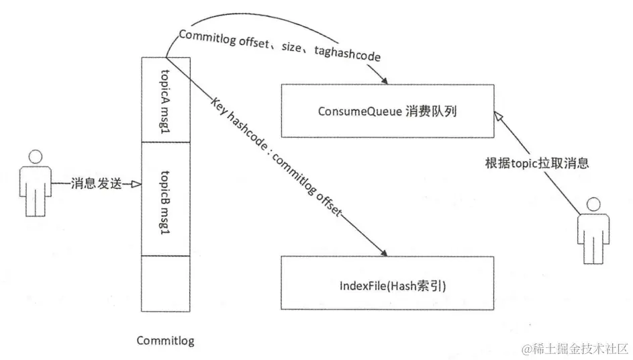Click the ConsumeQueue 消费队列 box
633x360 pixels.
click(x=387, y=111)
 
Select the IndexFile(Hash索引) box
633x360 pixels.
click(x=387, y=285)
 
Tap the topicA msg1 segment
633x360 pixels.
click(x=166, y=99)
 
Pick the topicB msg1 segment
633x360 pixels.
click(x=166, y=199)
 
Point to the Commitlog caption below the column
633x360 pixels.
click(x=165, y=341)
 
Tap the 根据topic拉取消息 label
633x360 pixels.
click(x=537, y=163)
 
